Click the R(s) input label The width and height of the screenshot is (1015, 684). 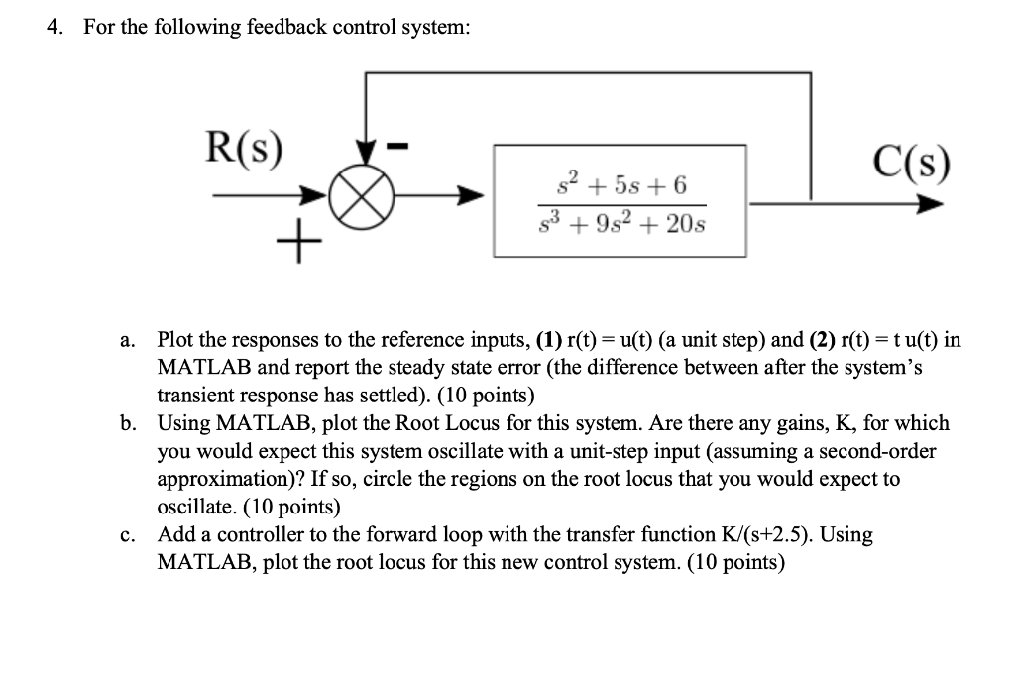pyautogui.click(x=242, y=149)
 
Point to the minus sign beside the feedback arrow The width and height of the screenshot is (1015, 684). pyautogui.click(x=401, y=148)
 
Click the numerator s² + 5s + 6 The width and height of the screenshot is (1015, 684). pyautogui.click(x=620, y=184)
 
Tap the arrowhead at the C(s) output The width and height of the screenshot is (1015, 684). pyautogui.click(x=929, y=205)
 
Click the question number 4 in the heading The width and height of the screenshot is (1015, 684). pyautogui.click(x=56, y=27)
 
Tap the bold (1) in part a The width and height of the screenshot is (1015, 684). pyautogui.click(x=548, y=340)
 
